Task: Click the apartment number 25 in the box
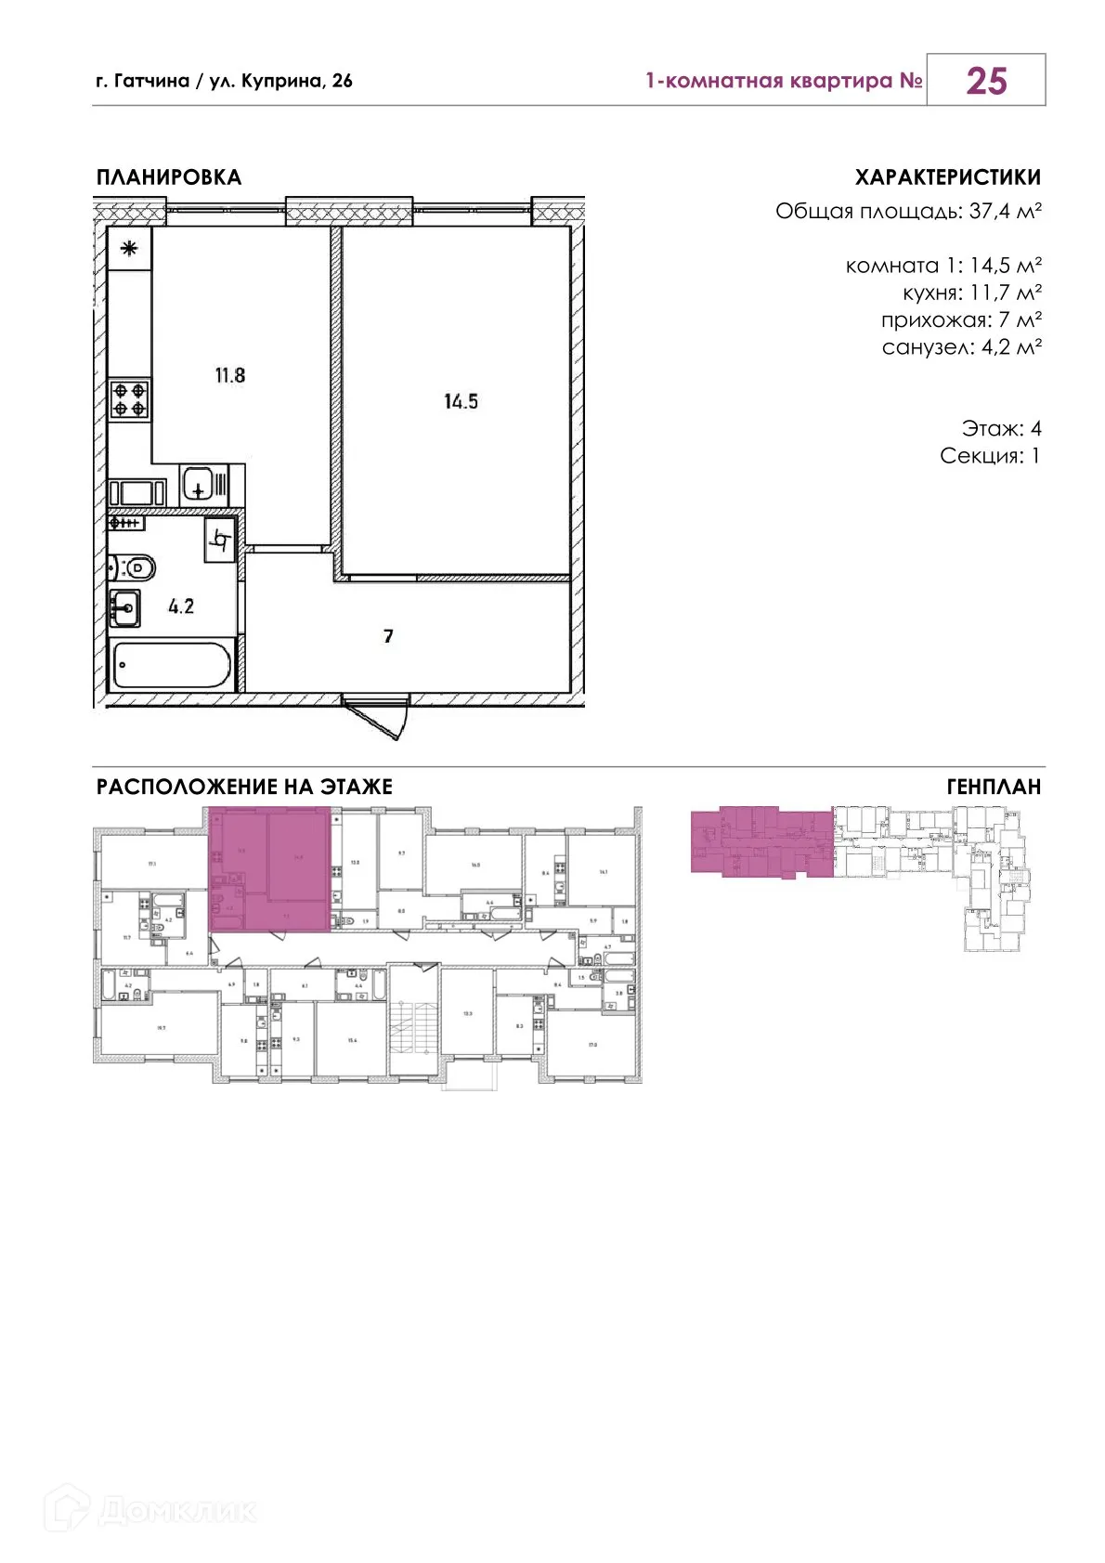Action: (985, 81)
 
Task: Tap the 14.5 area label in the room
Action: (461, 401)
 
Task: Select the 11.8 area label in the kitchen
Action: (229, 375)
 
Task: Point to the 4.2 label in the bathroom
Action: (181, 606)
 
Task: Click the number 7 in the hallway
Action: (388, 636)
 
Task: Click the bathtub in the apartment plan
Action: (171, 665)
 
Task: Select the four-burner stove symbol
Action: (130, 399)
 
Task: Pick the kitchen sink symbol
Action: (199, 484)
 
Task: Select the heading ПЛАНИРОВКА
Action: (168, 177)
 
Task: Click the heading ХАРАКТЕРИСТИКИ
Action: (947, 177)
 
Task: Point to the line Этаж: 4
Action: (1001, 428)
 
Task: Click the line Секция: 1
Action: (990, 455)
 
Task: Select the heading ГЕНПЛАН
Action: (994, 787)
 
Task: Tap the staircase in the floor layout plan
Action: (413, 1022)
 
